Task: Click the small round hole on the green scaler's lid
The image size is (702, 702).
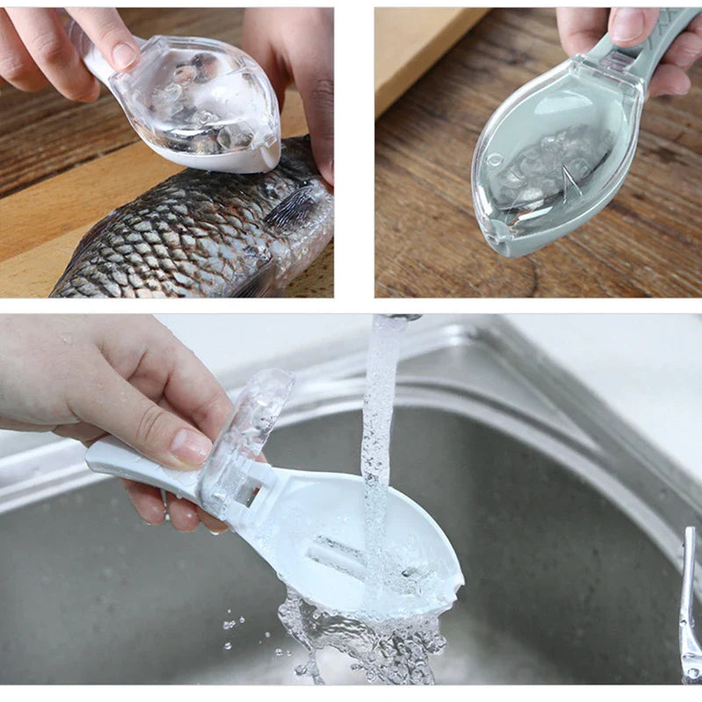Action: [x=496, y=161]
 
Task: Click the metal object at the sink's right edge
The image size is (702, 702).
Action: [x=689, y=605]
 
